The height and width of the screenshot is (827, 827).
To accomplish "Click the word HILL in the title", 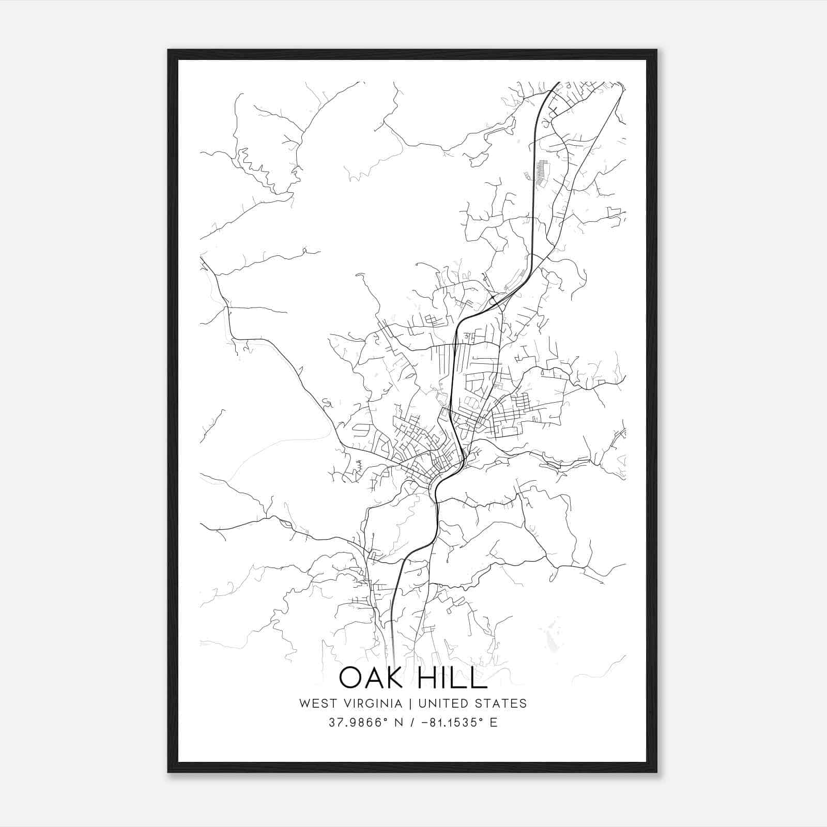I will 451,678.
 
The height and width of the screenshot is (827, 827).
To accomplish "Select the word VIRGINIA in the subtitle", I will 373,703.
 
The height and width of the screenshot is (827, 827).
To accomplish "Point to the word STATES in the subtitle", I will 501,703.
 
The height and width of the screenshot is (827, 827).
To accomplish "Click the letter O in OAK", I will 351,678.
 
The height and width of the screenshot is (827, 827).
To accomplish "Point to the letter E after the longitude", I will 494,723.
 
